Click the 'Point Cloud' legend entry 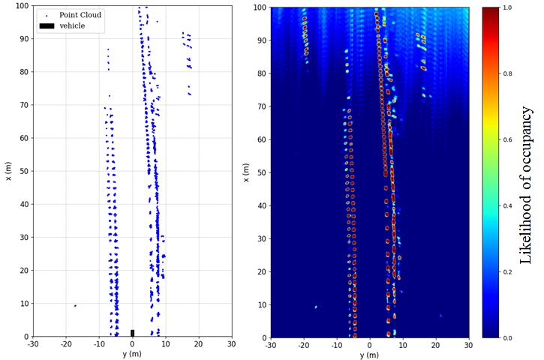pyautogui.click(x=80, y=14)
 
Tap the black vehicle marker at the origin pyautogui.click(x=132, y=333)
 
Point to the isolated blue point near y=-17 pyautogui.click(x=75, y=306)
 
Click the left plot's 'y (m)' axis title pyautogui.click(x=132, y=354)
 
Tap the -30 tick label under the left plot pyautogui.click(x=33, y=344)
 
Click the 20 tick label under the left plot pyautogui.click(x=198, y=344)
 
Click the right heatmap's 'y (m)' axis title pyautogui.click(x=369, y=355)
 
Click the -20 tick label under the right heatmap pyautogui.click(x=303, y=345)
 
